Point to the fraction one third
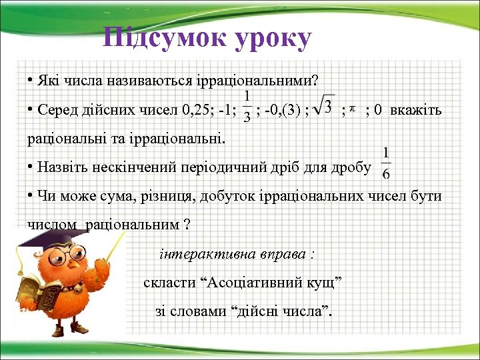pos(247,107)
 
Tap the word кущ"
pos(323,283)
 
